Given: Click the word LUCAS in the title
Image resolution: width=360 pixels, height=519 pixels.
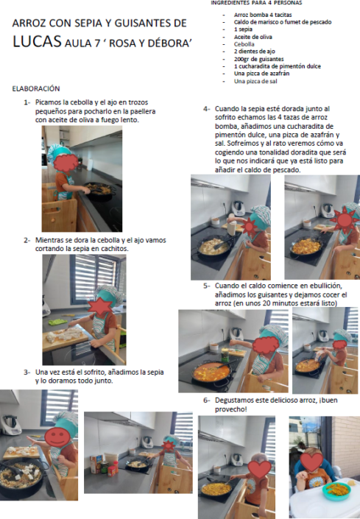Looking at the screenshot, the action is [37, 41].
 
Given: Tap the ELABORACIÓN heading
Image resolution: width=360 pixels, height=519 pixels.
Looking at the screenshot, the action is [36, 88].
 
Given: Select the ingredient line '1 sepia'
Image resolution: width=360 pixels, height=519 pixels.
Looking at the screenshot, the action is [243, 29].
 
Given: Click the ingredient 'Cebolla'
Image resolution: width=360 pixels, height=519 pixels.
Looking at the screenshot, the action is [244, 44].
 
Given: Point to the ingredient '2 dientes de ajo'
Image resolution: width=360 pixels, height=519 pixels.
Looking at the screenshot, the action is [255, 52].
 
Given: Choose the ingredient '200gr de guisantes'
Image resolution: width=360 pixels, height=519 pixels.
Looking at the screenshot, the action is [258, 59].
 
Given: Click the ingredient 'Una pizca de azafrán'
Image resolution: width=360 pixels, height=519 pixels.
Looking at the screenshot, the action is [262, 74].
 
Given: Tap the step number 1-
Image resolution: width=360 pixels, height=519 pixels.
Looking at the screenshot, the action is [27, 102].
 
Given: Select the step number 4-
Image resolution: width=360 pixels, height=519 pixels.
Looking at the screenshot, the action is [206, 109].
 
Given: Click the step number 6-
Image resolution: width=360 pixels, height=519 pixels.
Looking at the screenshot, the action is [206, 400].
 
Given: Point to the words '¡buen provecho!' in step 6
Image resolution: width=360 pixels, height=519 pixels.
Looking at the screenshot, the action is [276, 404].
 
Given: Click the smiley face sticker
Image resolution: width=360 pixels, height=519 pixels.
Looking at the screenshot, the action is [57, 437].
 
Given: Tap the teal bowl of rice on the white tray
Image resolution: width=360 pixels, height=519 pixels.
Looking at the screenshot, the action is [336, 491].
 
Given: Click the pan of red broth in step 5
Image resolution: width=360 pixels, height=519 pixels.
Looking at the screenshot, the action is [211, 372].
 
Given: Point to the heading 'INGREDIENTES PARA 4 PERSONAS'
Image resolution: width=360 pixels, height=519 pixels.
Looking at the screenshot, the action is [256, 3].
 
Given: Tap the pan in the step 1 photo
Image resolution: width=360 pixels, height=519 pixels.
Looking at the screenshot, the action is [99, 191].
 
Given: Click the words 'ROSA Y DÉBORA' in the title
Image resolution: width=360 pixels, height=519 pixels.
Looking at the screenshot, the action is [150, 43].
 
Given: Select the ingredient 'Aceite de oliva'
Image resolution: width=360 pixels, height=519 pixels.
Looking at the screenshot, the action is [253, 37].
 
